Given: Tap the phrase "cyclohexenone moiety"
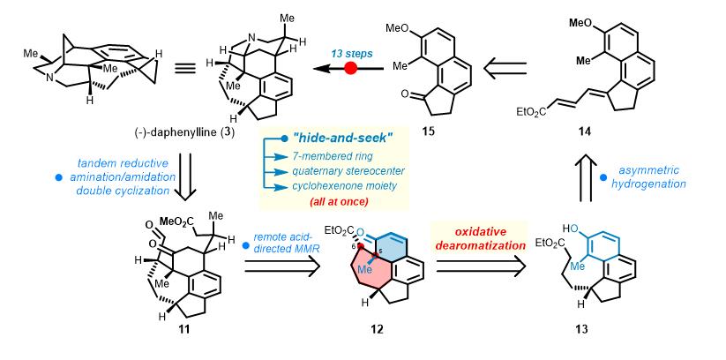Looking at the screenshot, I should (x=344, y=189).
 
